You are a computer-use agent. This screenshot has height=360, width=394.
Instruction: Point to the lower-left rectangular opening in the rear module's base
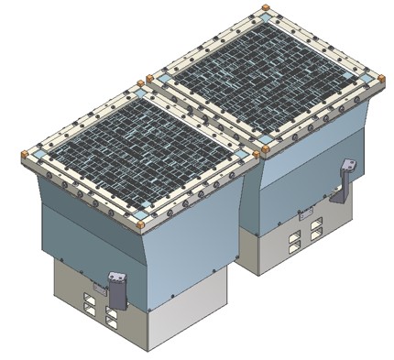pos(294,245)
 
